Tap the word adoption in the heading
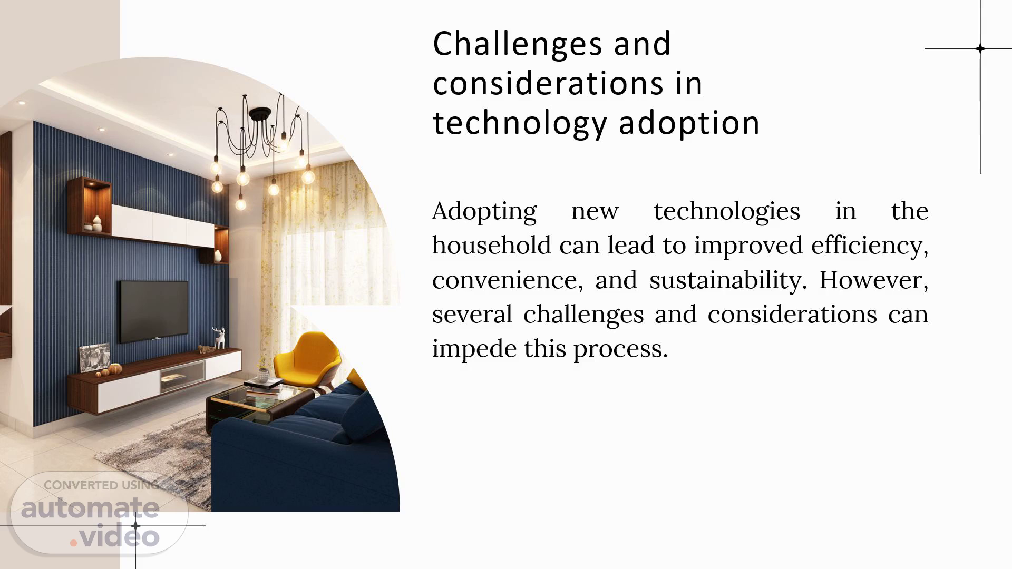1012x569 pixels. click(689, 124)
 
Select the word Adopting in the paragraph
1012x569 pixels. click(484, 212)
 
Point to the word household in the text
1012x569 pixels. click(491, 245)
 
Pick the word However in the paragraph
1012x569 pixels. click(873, 280)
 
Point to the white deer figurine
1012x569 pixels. click(219, 339)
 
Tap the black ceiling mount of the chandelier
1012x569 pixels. click(260, 113)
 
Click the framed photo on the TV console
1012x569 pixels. click(95, 358)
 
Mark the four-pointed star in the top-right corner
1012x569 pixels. click(980, 48)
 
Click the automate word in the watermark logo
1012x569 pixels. click(90, 507)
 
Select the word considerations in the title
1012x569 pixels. click(548, 84)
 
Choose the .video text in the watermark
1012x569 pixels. click(115, 537)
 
